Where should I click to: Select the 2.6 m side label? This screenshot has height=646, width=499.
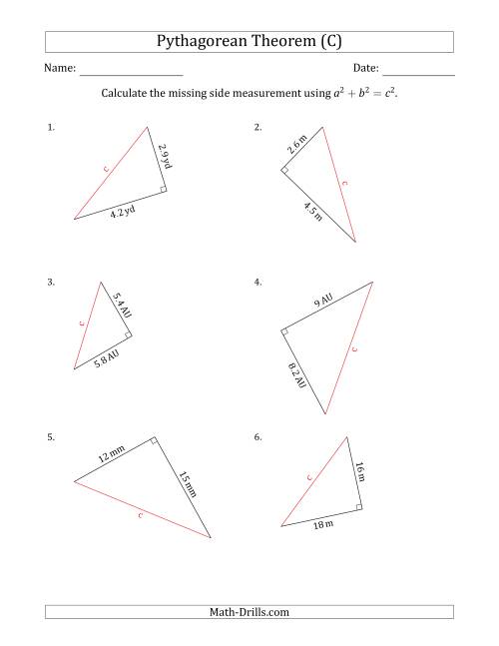pos(297,143)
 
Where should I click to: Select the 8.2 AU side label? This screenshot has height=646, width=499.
pos(298,377)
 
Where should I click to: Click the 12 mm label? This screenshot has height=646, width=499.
pos(111,455)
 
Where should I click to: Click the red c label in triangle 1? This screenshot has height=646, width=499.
pos(106,171)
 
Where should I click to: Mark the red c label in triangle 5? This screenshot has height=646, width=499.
pos(141,515)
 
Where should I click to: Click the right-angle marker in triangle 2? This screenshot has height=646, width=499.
pos(285,172)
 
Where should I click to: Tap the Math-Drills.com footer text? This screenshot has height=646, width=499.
pos(249,612)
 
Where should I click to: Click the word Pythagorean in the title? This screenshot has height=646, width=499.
pos(206,42)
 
